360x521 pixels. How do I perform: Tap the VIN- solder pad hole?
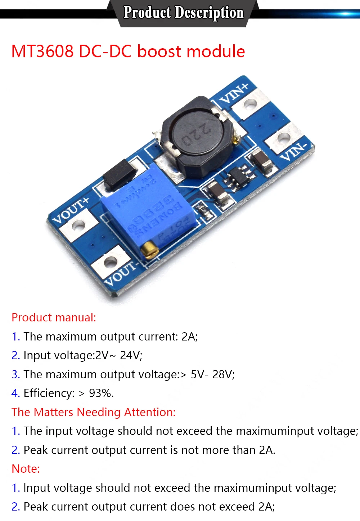pos(283,138)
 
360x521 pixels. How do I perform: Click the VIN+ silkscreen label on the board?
pos(234,93)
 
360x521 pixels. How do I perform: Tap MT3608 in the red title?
pos(42,52)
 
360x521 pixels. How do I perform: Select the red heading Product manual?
pos(54,317)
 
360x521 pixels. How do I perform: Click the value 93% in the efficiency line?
pos(101,393)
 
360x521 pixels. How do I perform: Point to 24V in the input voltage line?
pos(131,355)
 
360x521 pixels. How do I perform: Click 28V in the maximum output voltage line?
pos(223,374)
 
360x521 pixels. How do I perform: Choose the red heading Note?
pos(26,469)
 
